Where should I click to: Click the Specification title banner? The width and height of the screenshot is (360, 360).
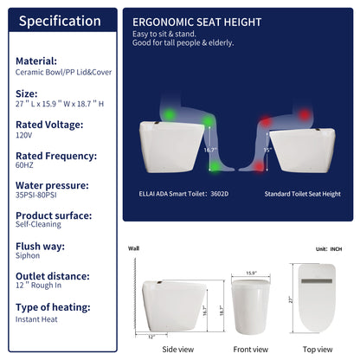[x=60, y=20]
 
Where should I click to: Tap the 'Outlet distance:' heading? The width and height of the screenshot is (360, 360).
[x=52, y=275]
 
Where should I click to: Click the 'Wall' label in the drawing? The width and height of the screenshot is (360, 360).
[x=133, y=247]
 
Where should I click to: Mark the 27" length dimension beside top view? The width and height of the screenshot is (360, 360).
[x=292, y=299]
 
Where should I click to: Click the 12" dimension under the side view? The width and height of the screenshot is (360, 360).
[x=152, y=336]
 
